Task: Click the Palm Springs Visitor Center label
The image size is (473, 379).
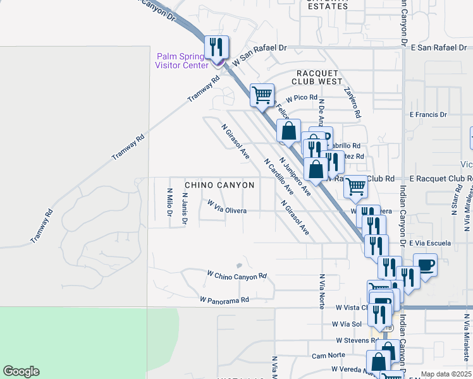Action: point(182,60)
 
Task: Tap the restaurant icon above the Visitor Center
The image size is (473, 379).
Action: point(217,47)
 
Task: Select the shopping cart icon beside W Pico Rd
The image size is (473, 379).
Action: point(262,96)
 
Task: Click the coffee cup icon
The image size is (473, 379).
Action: point(425,265)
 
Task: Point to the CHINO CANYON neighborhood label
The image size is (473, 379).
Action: point(219,185)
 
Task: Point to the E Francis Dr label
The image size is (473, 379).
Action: point(428,114)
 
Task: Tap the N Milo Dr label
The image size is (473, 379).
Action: point(169,202)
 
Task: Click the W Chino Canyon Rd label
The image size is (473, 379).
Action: point(236,275)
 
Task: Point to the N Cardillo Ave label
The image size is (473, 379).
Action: point(279,176)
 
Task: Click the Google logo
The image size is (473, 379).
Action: point(21,371)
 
